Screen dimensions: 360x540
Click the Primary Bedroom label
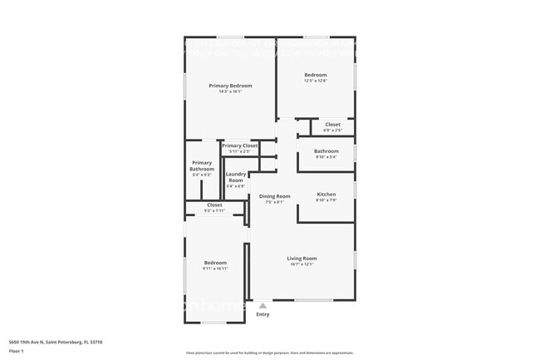[230, 86]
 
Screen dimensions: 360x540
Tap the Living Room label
[302, 259]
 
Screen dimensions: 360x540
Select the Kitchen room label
[326, 194]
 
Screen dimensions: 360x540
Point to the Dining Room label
[274, 196]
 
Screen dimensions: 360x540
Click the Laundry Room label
[236, 177]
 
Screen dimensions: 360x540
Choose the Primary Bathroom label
[202, 165]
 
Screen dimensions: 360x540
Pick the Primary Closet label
[239, 145]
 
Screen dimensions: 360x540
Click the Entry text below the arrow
[263, 314]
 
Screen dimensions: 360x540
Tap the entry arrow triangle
[263, 306]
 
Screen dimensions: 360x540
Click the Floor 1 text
[17, 351]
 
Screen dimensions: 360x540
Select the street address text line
[56, 342]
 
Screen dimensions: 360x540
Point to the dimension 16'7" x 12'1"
[302, 264]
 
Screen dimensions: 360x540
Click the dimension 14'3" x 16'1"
[230, 91]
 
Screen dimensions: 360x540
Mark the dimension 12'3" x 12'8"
[315, 81]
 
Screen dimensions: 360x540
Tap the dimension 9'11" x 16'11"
[215, 269]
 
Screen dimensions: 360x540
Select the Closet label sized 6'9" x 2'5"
[332, 125]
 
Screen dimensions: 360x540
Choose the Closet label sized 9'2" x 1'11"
[214, 205]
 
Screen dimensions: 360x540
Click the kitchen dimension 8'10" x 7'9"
[326, 200]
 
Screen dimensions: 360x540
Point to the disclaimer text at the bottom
[269, 353]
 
